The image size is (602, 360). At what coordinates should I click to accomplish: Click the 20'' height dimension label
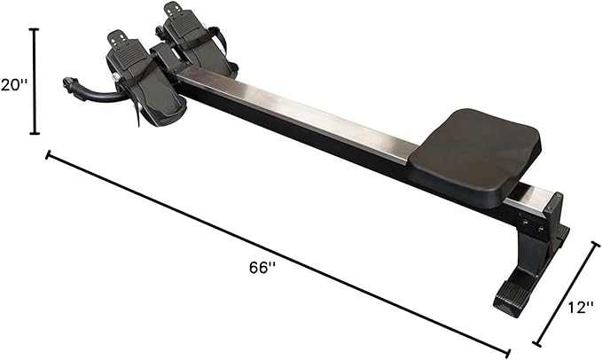[x=14, y=85]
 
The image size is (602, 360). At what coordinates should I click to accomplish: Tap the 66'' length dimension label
[x=262, y=268]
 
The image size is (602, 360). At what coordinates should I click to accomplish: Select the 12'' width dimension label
[x=581, y=307]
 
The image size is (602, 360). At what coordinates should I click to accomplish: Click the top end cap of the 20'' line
[x=35, y=29]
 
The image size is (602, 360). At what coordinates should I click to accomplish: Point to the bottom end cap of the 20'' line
[x=35, y=134]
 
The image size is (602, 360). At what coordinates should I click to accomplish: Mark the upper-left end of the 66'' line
[x=48, y=155]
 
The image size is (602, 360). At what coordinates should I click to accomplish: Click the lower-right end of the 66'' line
[x=508, y=353]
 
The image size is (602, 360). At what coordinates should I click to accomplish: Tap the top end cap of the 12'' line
[x=595, y=246]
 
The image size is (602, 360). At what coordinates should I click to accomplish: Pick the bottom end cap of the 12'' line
[x=536, y=343]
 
